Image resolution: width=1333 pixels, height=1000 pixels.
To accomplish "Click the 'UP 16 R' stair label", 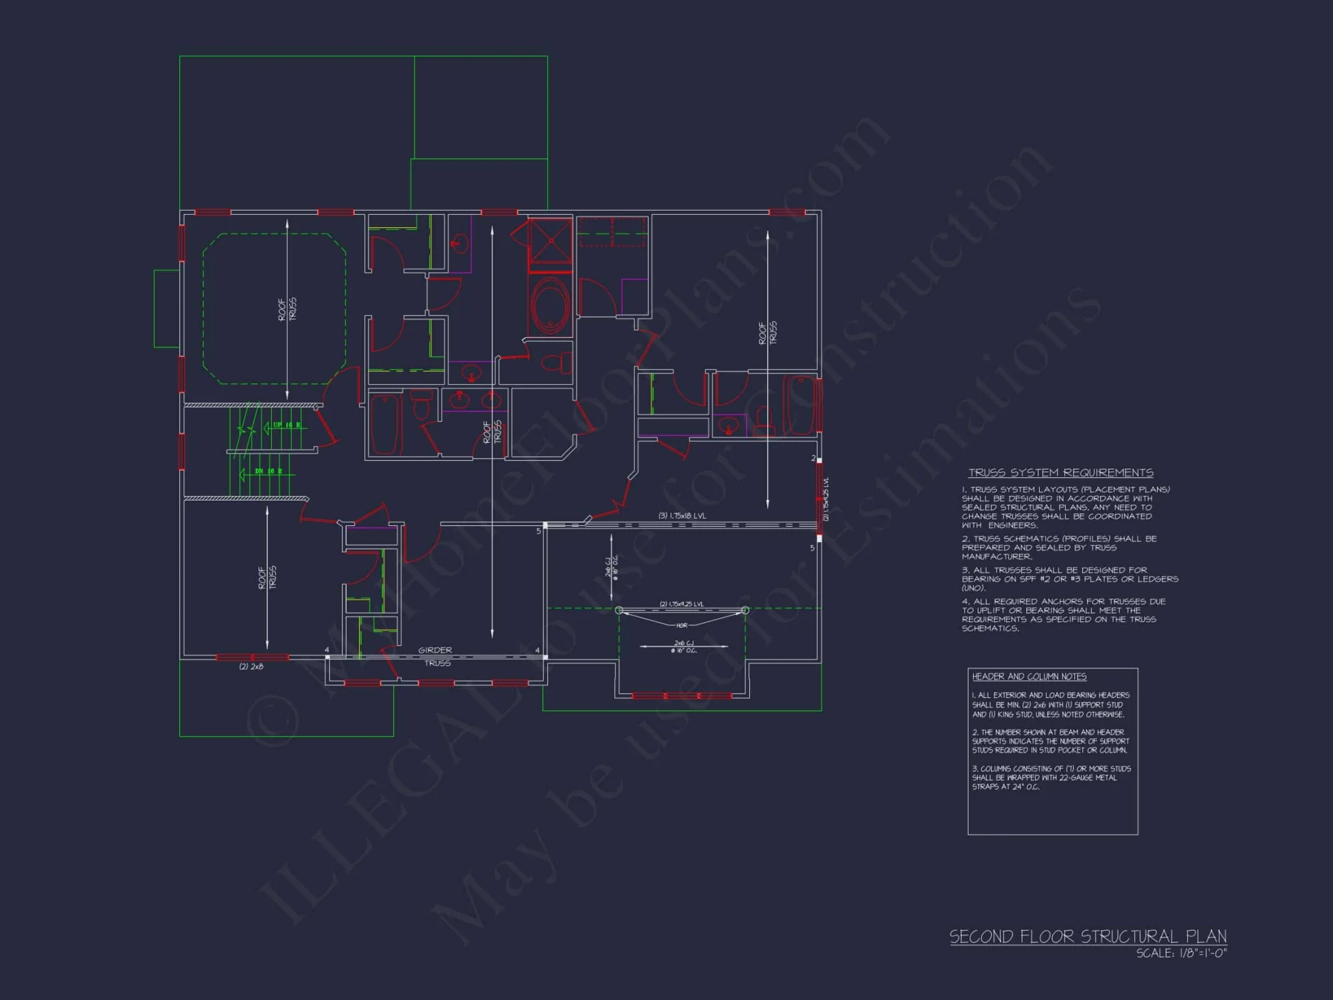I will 287,425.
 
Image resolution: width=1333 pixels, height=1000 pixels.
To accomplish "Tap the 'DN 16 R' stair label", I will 269,471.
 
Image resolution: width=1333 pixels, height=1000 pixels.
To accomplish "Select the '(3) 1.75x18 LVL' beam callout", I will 682,515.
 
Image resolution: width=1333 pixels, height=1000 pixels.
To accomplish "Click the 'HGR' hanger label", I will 682,625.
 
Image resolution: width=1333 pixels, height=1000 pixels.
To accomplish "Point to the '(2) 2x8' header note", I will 251,667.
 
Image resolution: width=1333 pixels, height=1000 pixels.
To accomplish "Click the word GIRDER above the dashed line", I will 435,650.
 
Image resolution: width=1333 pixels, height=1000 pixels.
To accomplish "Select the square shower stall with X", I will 550,241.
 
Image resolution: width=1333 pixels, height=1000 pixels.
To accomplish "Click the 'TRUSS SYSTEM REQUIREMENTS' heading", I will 1060,473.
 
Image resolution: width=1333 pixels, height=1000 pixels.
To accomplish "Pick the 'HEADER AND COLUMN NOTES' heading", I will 1029,677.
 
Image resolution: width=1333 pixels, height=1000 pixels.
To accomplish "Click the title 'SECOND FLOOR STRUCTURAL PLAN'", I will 1088,937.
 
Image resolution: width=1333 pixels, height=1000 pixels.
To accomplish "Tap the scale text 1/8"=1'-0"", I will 1181,954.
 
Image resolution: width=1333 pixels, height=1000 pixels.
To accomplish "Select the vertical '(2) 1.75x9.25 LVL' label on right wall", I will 826,499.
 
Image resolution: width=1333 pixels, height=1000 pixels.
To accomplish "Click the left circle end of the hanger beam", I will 619,610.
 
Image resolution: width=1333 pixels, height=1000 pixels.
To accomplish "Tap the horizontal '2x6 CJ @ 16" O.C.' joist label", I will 684,647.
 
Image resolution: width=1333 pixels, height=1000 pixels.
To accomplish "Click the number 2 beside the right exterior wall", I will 813,458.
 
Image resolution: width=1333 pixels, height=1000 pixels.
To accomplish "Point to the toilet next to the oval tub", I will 557,363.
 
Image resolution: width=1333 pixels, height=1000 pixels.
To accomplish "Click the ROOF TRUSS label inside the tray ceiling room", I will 287,309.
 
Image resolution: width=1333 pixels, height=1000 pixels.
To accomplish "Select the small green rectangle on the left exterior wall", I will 167,308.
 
